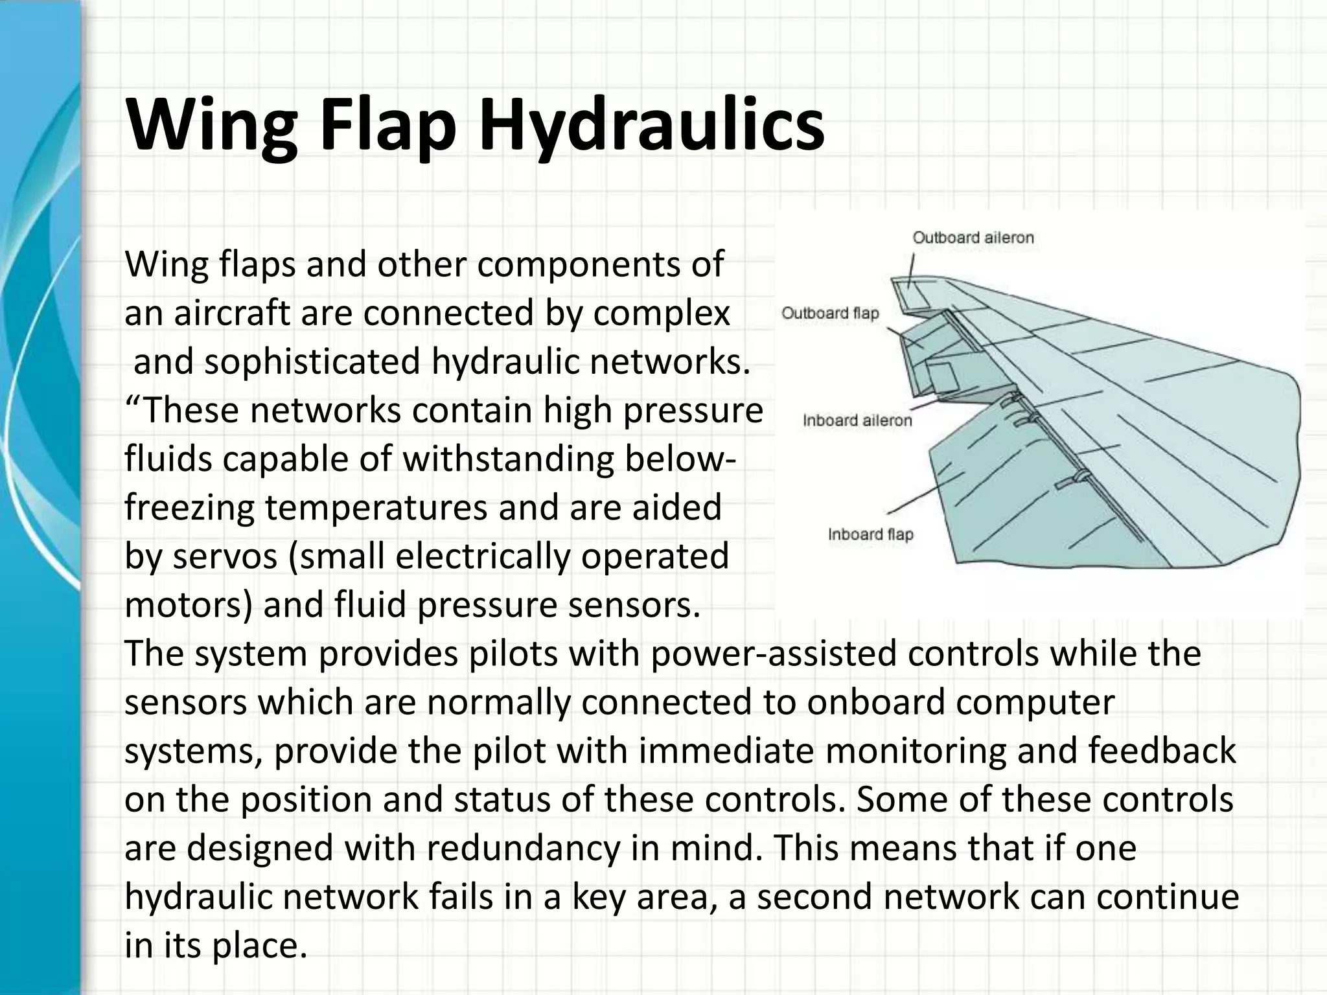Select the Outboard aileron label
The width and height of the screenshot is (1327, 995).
point(973,238)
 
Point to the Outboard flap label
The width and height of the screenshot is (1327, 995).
point(830,314)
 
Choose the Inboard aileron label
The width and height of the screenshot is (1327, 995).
point(857,420)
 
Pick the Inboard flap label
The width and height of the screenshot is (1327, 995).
point(870,534)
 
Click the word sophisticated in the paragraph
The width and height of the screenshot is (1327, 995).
point(313,361)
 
